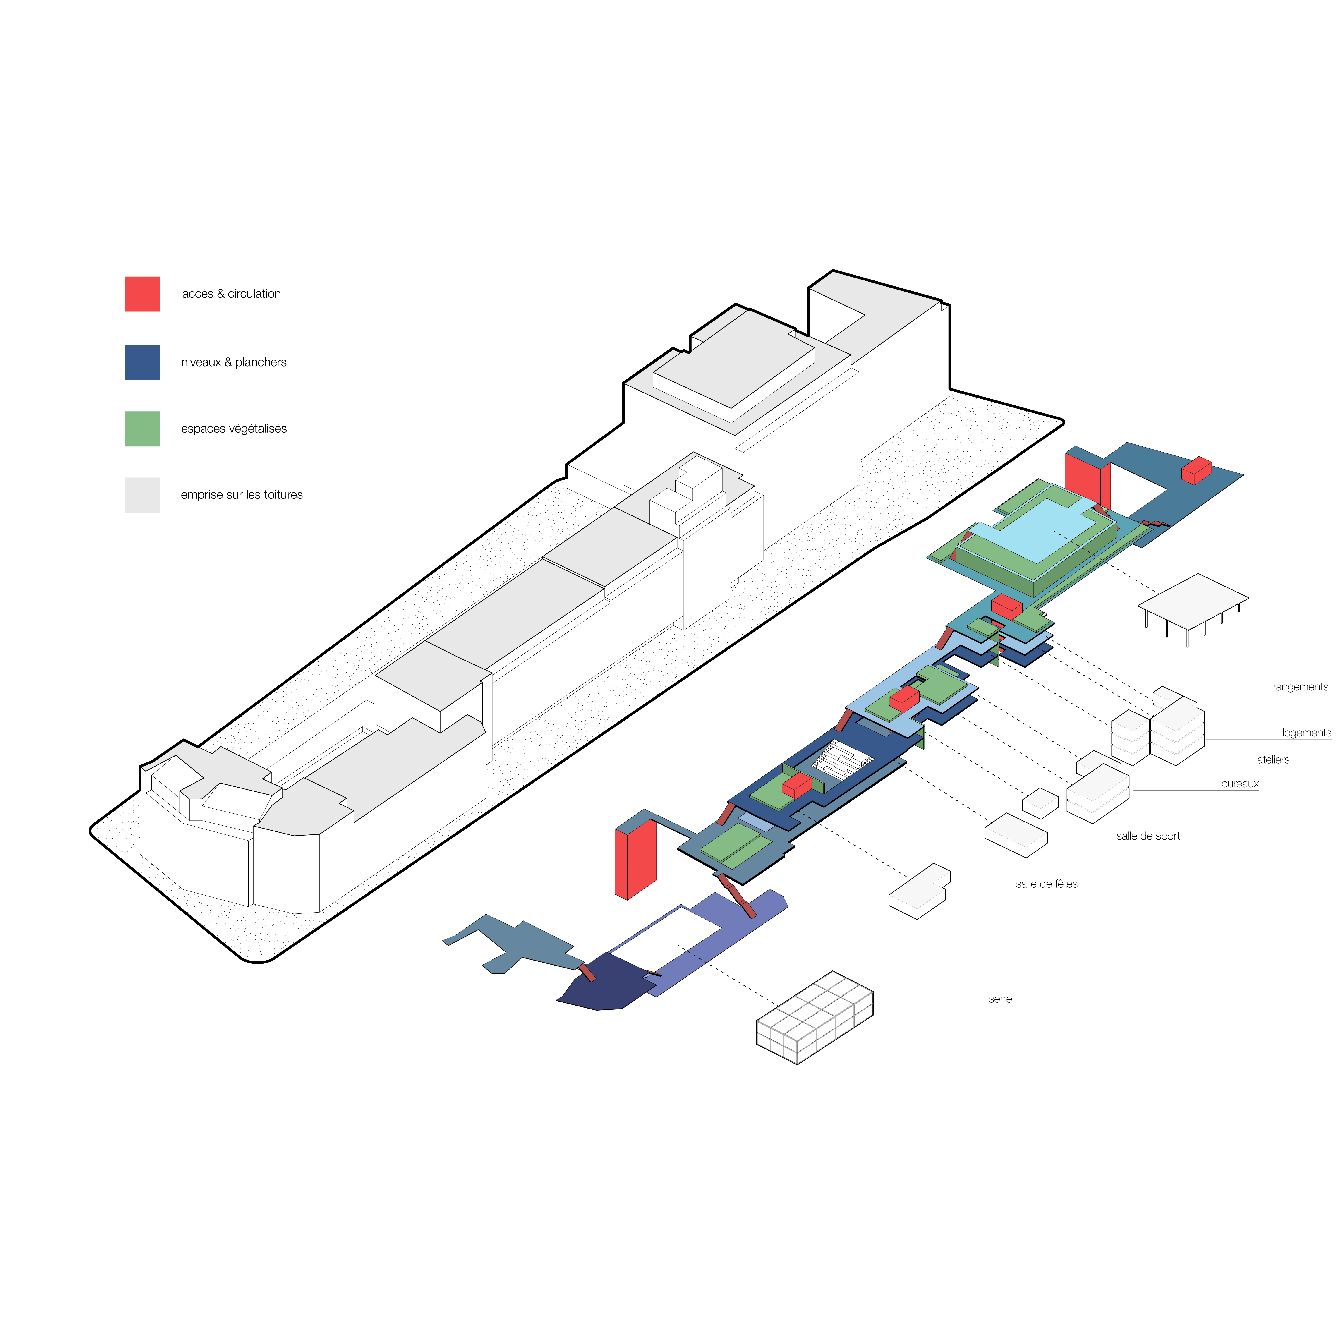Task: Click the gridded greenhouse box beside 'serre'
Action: click(815, 1017)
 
